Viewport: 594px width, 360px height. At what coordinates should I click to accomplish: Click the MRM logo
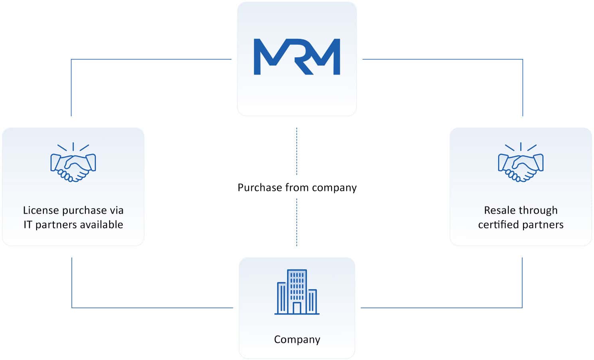(297, 57)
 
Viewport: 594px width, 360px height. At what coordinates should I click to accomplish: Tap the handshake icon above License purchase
(73, 163)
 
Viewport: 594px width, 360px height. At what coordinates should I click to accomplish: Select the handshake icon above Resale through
(521, 163)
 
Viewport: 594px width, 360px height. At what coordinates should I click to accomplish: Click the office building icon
(297, 292)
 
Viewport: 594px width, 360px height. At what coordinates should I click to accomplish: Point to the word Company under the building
(297, 339)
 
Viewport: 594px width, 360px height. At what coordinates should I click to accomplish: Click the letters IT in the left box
(28, 224)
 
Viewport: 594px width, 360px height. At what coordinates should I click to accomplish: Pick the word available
(103, 224)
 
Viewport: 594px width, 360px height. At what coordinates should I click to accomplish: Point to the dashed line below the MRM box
(297, 151)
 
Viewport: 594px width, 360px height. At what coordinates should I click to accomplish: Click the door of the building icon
(297, 308)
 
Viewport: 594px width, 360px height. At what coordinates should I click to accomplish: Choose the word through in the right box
(540, 210)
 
